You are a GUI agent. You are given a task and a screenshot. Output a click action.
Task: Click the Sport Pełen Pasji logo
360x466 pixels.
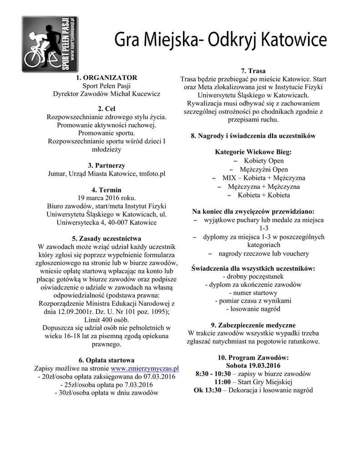[50, 44]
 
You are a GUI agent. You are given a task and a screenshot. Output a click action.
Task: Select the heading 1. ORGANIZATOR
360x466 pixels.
[106, 78]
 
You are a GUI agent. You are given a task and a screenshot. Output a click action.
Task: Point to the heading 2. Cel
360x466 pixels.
[106, 109]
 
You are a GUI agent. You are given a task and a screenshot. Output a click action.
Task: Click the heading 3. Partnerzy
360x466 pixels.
[106, 166]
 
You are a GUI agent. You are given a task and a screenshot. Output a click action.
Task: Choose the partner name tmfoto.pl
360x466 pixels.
[152, 173]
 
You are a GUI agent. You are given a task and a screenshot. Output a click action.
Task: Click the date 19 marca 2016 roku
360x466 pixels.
[106, 198]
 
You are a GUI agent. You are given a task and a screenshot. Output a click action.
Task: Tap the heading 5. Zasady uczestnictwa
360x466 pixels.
[106, 238]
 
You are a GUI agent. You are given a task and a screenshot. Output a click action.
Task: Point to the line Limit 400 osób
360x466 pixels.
[106, 319]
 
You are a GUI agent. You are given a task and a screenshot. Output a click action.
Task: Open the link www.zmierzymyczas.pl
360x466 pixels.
[145, 368]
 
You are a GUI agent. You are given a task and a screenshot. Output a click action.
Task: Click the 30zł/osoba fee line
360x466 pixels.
[106, 393]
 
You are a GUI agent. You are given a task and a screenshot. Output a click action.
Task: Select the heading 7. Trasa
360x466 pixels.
[253, 71]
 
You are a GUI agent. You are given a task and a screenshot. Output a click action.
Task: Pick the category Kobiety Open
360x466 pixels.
[264, 161]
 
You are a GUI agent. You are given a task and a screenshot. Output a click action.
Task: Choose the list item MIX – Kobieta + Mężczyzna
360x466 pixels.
[264, 178]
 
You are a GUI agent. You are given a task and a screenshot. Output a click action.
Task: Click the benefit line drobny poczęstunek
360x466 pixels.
[253, 276]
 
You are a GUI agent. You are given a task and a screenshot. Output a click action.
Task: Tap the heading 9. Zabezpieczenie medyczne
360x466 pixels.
[253, 325]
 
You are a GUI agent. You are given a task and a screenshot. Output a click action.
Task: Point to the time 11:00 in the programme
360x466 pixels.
[223, 382]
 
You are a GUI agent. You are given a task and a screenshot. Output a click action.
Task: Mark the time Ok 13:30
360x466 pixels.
[208, 390]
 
